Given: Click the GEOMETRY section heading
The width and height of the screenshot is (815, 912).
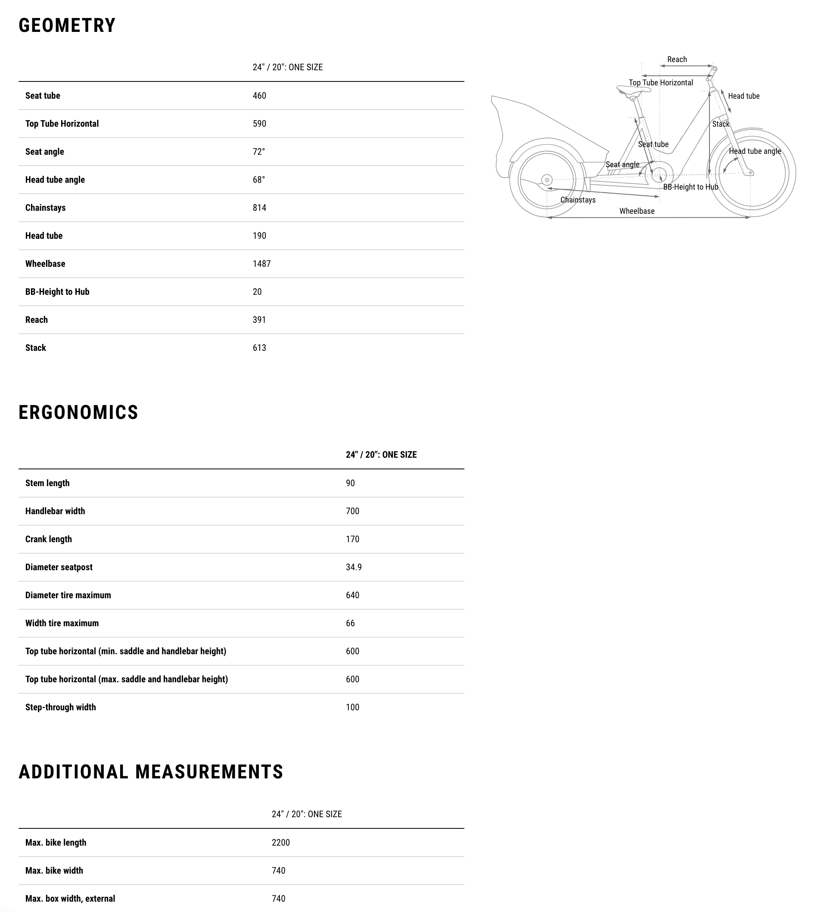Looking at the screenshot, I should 67,25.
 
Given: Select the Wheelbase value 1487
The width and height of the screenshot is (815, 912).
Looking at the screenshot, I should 261,264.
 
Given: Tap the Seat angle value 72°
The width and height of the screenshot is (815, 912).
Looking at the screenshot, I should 258,152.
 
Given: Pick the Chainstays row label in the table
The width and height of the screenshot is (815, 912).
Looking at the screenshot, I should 45,208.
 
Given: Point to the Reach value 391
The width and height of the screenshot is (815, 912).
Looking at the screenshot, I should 259,320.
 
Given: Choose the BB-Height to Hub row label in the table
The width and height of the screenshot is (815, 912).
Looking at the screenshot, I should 57,292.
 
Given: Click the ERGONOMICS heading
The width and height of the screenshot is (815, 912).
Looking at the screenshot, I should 78,412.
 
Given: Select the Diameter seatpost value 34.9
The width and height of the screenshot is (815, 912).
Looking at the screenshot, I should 353,568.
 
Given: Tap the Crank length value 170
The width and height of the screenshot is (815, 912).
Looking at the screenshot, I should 352,539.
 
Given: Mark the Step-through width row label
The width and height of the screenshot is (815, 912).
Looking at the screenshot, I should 60,707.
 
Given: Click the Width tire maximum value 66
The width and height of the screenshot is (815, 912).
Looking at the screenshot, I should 350,624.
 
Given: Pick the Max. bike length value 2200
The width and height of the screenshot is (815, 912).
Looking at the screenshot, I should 281,843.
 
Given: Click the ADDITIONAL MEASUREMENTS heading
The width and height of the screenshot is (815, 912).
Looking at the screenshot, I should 151,772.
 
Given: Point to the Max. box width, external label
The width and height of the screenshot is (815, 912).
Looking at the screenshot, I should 70,899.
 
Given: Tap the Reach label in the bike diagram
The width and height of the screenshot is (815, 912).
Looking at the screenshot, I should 677,59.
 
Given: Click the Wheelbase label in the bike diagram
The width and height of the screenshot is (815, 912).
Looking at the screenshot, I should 637,211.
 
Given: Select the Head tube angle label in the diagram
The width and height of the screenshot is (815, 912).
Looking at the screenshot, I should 755,151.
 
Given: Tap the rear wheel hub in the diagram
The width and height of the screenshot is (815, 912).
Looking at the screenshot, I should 547,180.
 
